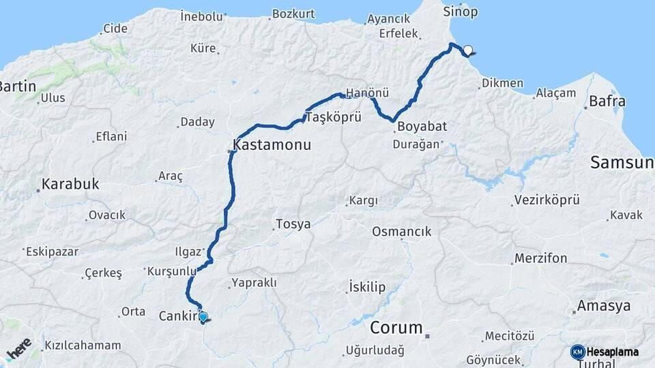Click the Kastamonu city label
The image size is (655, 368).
pyautogui.click(x=272, y=145)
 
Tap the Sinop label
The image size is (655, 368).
pyautogui.click(x=461, y=12)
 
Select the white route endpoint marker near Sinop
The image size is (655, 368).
pyautogui.click(x=468, y=50)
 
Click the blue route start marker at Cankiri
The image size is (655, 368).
pyautogui.click(x=203, y=316)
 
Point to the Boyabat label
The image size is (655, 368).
pyautogui.click(x=422, y=127)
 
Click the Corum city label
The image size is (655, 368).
pyautogui.click(x=396, y=328)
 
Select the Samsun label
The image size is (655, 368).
pyautogui.click(x=622, y=162)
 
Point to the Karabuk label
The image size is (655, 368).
pyautogui.click(x=70, y=184)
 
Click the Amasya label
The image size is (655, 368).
pyautogui.click(x=604, y=306)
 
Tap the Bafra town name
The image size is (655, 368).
pyautogui.click(x=609, y=102)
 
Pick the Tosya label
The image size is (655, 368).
pyautogui.click(x=293, y=224)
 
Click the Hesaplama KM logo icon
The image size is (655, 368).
pyautogui.click(x=577, y=352)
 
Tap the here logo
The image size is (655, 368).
pyautogui.click(x=19, y=349)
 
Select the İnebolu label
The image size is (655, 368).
pyautogui.click(x=202, y=16)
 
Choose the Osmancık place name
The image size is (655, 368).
pyautogui.click(x=401, y=232)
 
